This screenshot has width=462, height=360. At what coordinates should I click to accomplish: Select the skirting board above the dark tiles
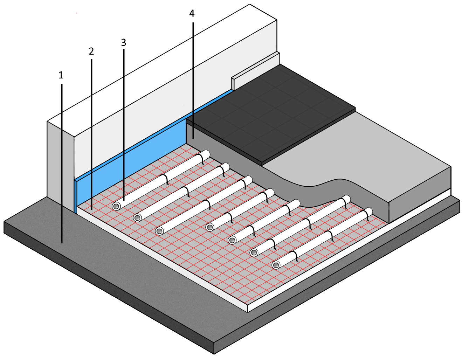tap(256, 70)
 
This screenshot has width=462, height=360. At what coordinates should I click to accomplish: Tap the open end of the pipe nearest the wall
tap(116, 206)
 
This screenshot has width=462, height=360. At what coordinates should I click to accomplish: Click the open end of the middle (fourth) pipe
tap(210, 227)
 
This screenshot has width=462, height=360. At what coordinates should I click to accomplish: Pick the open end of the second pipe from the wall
tap(138, 218)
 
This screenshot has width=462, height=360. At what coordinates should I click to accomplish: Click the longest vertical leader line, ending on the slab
tap(62, 175)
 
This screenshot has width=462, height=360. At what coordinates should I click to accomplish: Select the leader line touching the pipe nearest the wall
tap(124, 140)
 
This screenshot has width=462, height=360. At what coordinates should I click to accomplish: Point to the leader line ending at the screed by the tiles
tap(193, 88)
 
